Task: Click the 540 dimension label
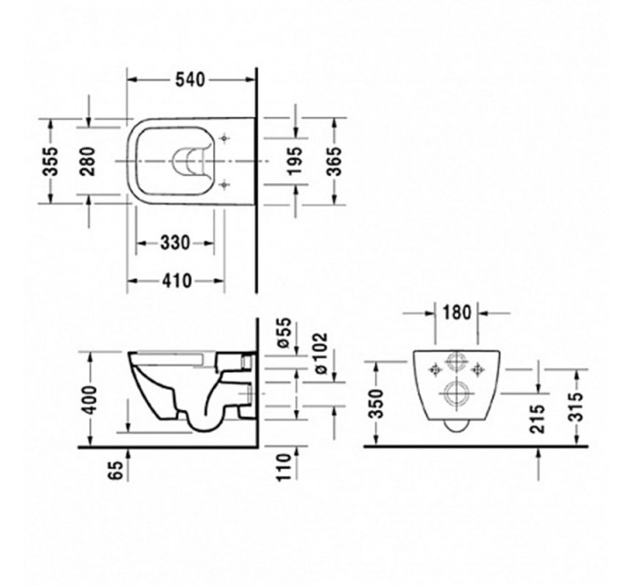pos(189,80)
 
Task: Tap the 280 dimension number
pos(88,160)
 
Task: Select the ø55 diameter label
pos(285,335)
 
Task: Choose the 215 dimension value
pos(538,420)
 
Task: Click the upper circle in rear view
pos(456,364)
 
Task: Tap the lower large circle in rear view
pos(456,394)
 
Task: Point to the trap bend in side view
pos(200,423)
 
